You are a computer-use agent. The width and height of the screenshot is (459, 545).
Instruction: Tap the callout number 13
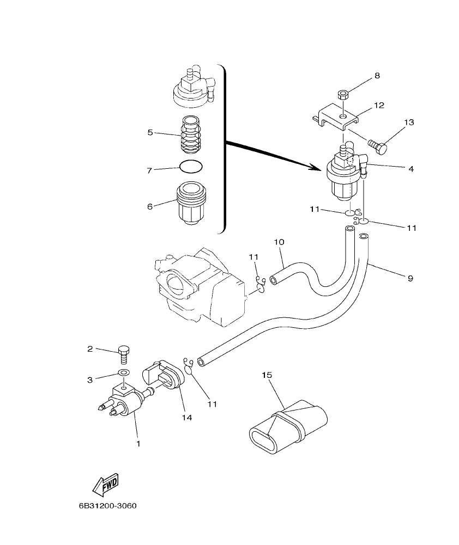click(x=409, y=123)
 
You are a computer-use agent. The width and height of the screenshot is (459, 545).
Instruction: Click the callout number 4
click(x=411, y=169)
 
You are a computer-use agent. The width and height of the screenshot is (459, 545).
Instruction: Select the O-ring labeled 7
click(x=191, y=168)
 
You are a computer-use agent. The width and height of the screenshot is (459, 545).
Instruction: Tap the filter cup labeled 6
click(x=191, y=204)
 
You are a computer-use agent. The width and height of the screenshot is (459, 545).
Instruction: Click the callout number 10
click(x=279, y=241)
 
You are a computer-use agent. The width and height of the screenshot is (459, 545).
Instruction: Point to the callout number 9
click(x=410, y=278)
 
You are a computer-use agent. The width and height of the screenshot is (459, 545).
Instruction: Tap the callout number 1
click(x=138, y=444)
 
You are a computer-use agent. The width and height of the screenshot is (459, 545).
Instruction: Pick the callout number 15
click(x=267, y=375)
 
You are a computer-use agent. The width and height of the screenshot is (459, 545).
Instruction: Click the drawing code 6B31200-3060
click(x=107, y=506)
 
